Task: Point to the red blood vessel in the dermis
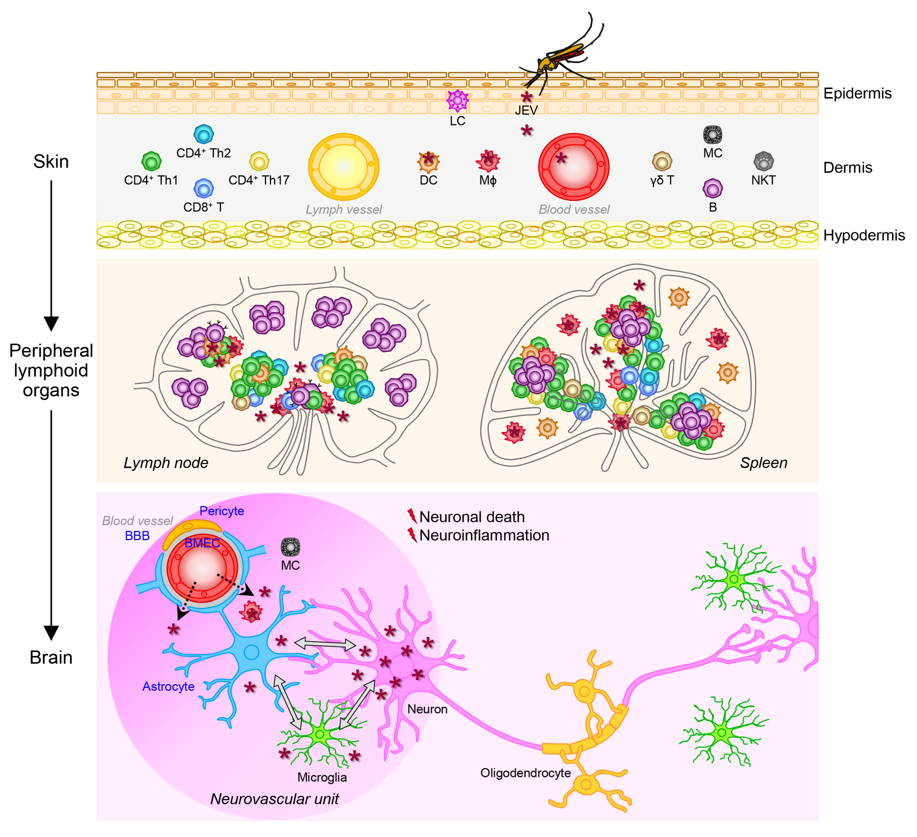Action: pos(574,167)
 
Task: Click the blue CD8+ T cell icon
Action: pos(203,188)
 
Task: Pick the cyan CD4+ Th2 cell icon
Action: pos(203,134)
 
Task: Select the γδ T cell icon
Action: pos(662,161)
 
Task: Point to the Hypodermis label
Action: pos(864,235)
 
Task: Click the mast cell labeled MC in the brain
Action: pos(290,547)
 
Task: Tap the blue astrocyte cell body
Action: pos(251,652)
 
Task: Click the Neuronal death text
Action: pos(472,517)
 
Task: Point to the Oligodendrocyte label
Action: pos(525,773)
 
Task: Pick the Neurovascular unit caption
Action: pos(274,799)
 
